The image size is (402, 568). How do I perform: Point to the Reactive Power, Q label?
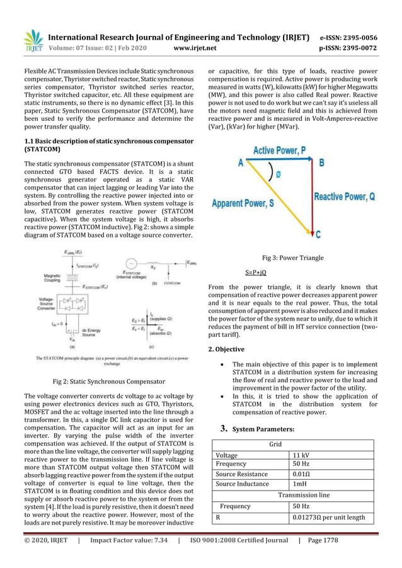(345, 196)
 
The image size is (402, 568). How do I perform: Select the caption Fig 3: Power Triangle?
(292, 258)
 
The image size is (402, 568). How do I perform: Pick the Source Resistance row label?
(241, 474)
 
